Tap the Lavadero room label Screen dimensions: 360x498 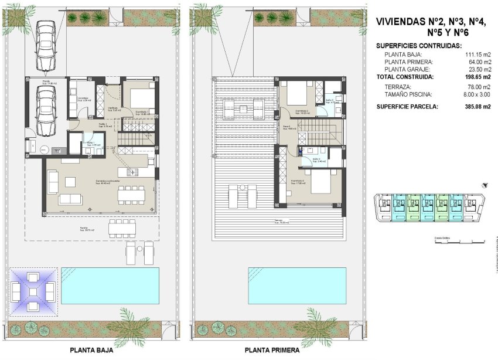(83, 99)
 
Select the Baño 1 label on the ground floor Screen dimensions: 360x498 (91, 144)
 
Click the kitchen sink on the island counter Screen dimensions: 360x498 (130, 172)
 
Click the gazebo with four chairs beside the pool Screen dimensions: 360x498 (33, 291)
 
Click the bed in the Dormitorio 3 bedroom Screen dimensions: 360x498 (315, 183)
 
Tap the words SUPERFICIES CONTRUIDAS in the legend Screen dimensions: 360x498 (419, 45)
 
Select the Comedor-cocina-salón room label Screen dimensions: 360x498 (108, 182)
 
